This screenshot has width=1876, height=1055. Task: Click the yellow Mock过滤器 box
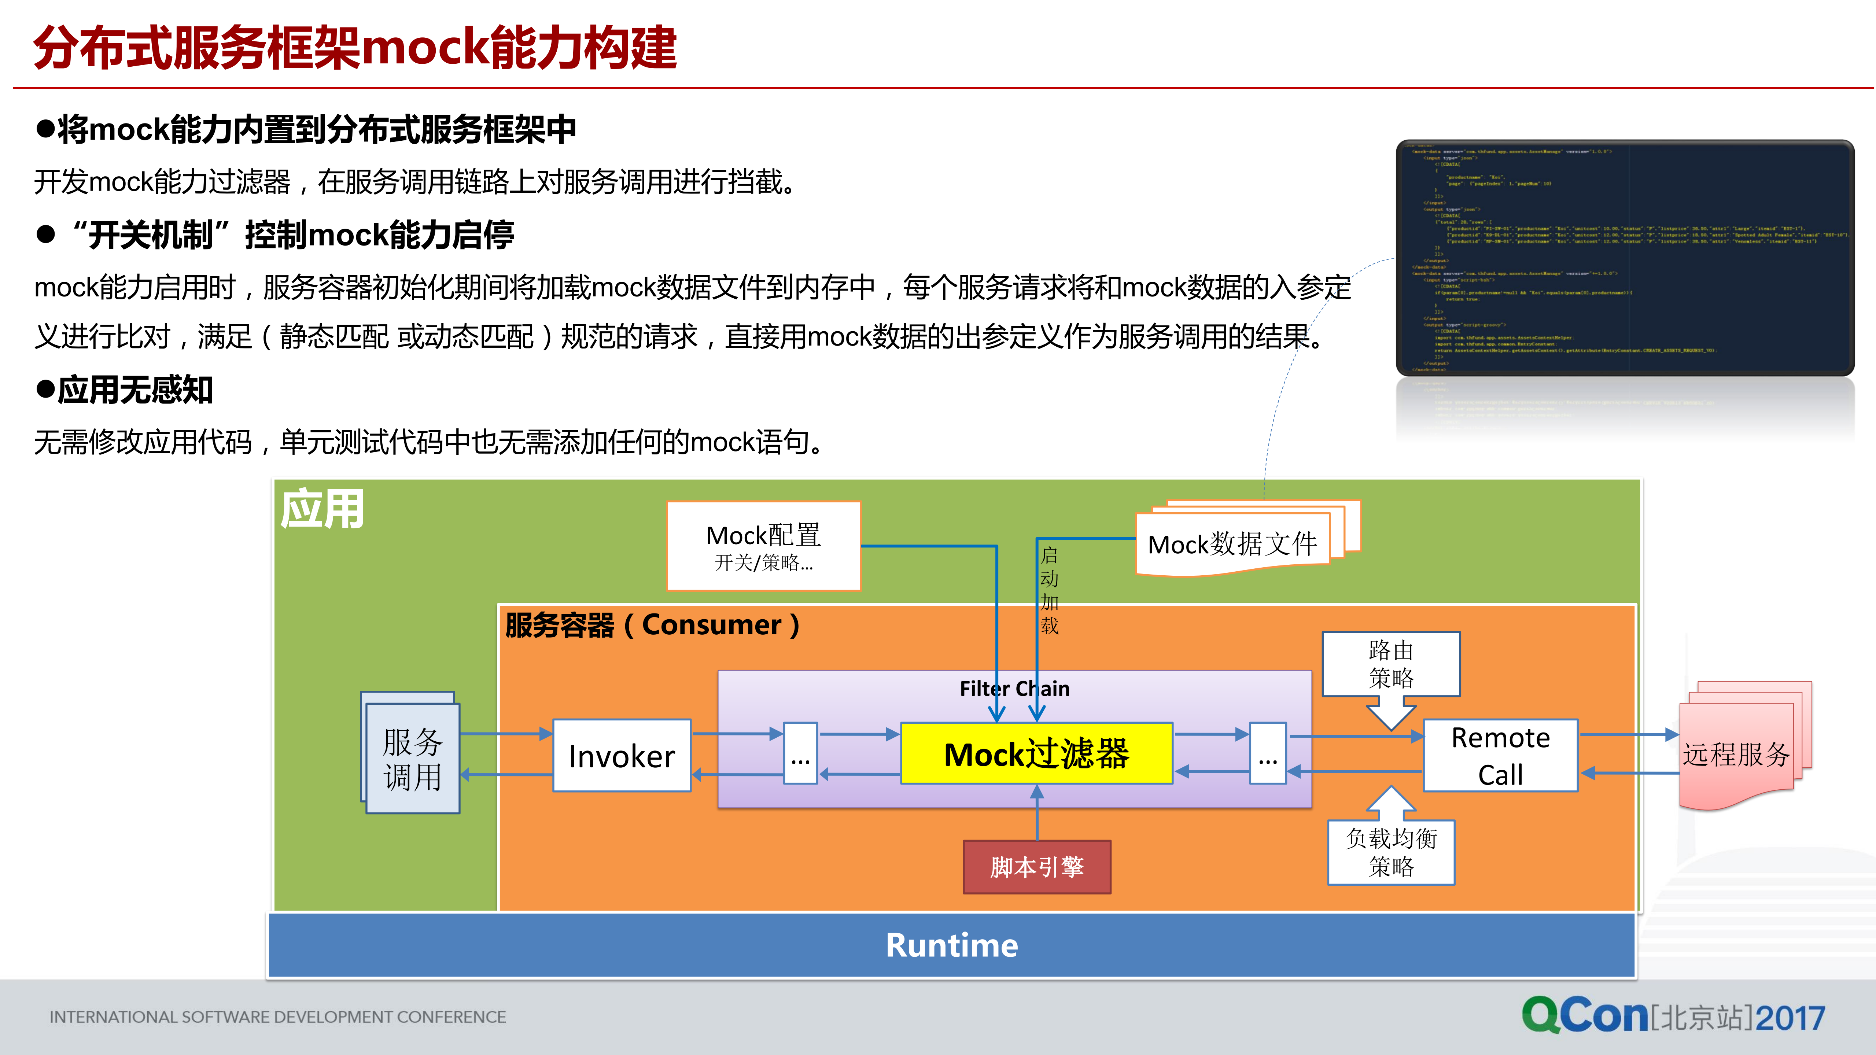coord(1036,753)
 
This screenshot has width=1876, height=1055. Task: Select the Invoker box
coord(621,756)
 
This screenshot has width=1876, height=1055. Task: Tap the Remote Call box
coord(1500,756)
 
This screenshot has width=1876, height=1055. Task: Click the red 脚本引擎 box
coord(1036,866)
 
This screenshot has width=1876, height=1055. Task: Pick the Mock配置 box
coord(763,546)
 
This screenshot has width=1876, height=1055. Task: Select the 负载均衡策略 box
coord(1391,852)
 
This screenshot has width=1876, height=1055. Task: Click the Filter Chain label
coord(1014,689)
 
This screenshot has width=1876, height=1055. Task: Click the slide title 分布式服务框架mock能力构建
coord(355,48)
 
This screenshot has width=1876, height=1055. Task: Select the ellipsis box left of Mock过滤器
coord(800,753)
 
